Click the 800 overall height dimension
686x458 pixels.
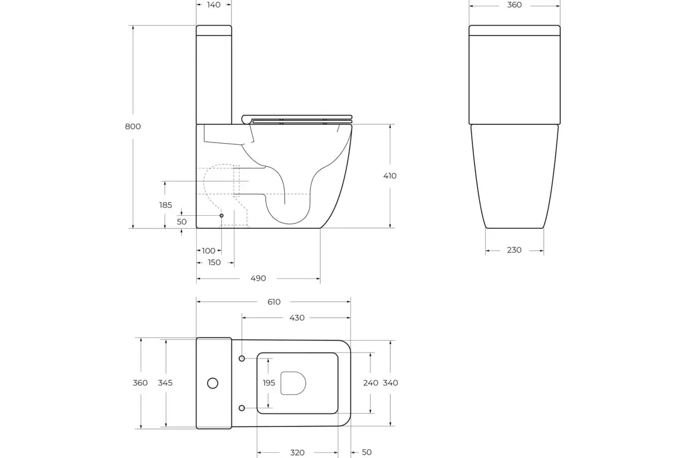click(133, 127)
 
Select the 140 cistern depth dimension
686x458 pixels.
click(214, 5)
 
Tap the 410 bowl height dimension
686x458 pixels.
click(390, 176)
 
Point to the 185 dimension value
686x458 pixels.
click(165, 205)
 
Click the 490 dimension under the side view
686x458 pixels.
click(258, 279)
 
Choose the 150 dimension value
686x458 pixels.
click(214, 263)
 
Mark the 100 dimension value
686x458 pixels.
click(209, 251)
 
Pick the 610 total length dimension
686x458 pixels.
click(274, 302)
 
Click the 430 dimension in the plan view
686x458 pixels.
click(297, 318)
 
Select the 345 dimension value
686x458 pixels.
click(166, 383)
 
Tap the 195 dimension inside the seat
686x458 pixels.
click(269, 383)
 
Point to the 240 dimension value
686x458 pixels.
click(371, 383)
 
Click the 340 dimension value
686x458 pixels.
click(390, 383)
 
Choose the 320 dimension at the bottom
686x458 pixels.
click(297, 452)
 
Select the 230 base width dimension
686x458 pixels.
click(514, 250)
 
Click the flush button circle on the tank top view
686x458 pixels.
click(213, 383)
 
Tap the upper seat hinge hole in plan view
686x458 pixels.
click(242, 358)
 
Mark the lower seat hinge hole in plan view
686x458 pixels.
click(242, 408)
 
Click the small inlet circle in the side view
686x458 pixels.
click(222, 215)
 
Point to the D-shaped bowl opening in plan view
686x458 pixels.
click(293, 383)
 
